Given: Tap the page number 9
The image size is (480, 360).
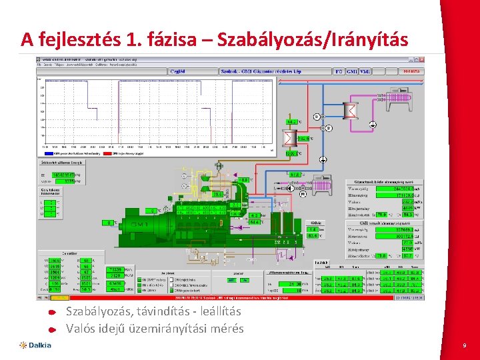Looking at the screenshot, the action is coord(464,345).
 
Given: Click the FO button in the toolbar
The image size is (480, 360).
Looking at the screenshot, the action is coord(339,71).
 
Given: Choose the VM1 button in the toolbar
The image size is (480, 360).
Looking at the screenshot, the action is coord(365,71).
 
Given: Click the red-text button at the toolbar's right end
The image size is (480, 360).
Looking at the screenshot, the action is coord(411,71).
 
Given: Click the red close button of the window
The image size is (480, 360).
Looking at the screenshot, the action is coord(421,59).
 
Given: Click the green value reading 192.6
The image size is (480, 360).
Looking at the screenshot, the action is coord(304,138).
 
